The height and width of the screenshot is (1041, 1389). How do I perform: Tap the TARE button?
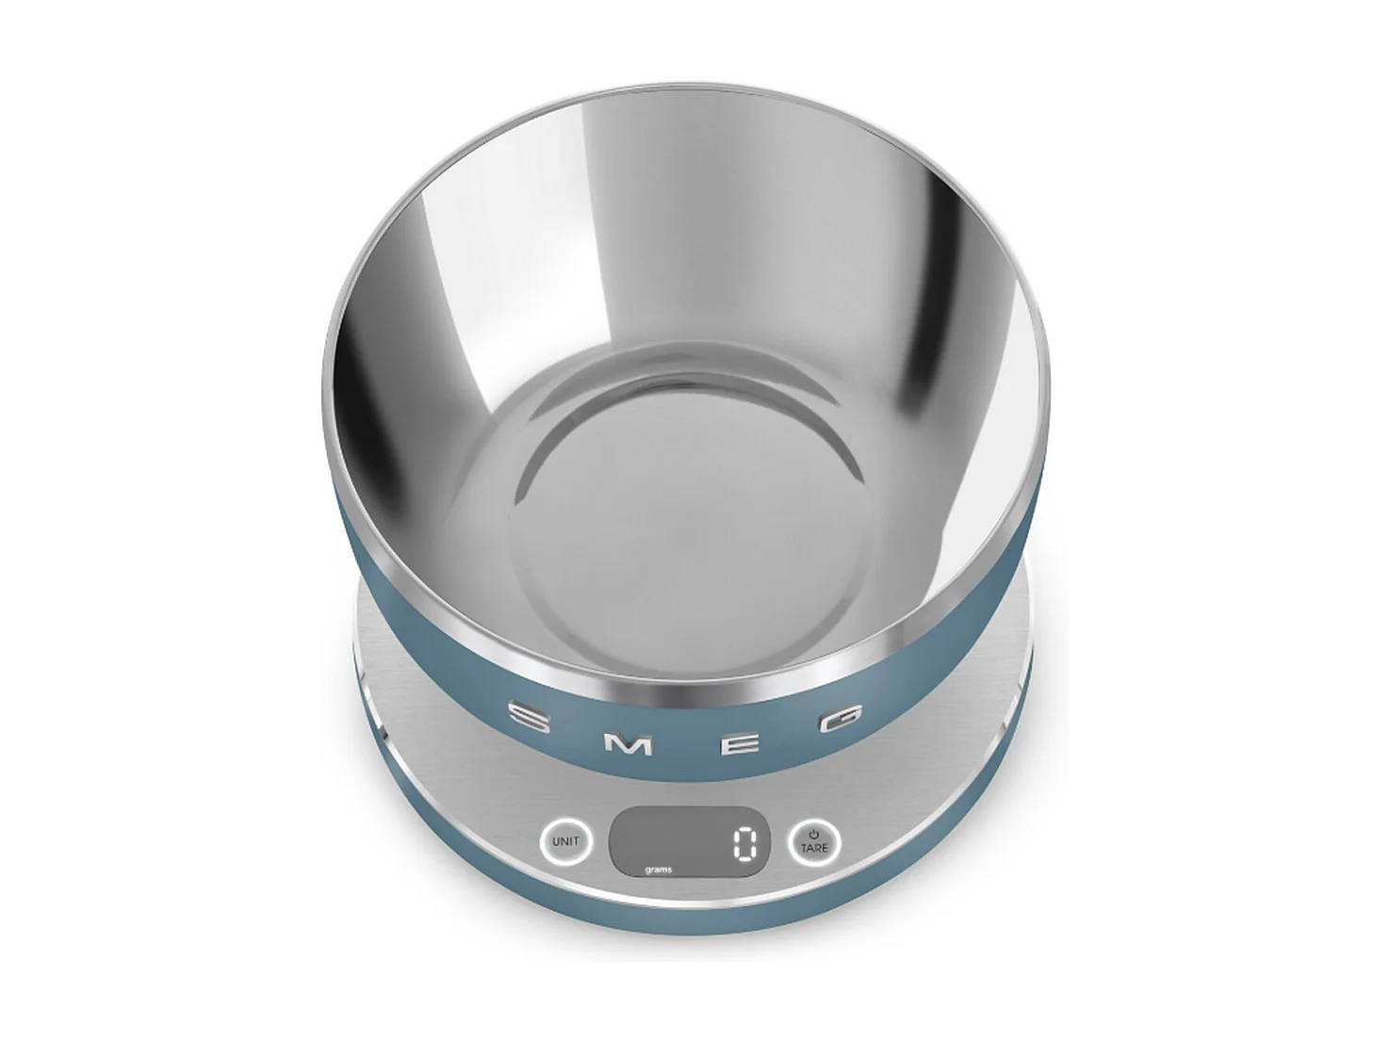click(x=814, y=841)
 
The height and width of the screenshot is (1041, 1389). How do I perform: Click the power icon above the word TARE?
click(x=814, y=833)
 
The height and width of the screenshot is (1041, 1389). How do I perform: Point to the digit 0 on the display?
click(x=744, y=843)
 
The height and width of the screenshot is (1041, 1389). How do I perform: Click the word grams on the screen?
click(x=659, y=870)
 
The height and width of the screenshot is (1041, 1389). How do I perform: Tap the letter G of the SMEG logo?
click(x=844, y=718)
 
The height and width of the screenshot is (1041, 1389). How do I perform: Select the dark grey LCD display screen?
click(x=689, y=841)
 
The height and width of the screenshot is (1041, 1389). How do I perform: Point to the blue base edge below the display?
click(x=693, y=942)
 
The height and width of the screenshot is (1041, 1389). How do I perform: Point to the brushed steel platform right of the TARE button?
click(x=905, y=829)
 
